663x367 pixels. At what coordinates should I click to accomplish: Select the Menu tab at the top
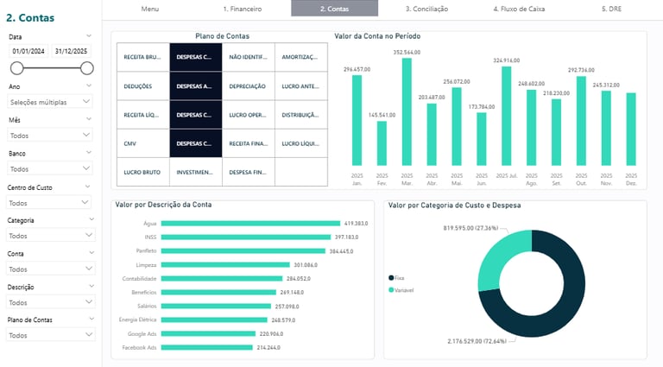coord(149,8)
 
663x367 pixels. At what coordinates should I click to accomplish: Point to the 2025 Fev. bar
coord(382,142)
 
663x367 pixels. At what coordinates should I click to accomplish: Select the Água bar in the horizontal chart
coord(250,223)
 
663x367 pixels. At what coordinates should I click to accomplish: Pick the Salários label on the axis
coord(144,306)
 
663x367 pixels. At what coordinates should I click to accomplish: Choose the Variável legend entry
coord(405,289)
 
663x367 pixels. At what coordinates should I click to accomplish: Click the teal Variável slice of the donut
coord(497,259)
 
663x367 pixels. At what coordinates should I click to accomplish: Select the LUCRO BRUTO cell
coord(142,172)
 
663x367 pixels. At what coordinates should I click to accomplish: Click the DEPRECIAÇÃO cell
coord(248,86)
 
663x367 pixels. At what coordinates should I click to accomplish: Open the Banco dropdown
coord(49,169)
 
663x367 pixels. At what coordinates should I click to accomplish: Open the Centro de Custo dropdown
coord(49,203)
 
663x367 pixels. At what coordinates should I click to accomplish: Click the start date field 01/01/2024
coord(28,52)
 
